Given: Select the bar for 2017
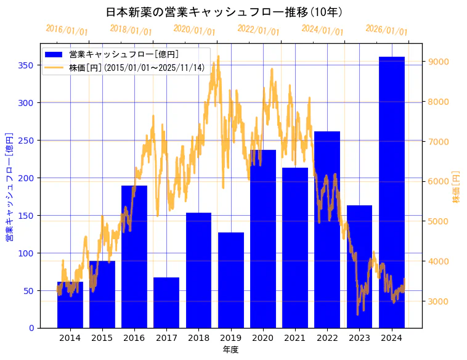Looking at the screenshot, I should click(166, 303).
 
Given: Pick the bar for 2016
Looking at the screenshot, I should click(134, 256).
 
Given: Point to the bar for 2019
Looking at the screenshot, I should click(231, 280).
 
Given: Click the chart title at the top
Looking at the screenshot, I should click(224, 12).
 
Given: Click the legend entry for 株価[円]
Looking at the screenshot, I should click(136, 68).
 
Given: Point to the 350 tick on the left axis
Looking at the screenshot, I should click(27, 65).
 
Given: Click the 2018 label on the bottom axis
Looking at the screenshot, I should click(198, 337).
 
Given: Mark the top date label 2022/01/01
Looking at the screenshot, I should click(258, 30).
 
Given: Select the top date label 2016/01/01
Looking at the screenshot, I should click(67, 30).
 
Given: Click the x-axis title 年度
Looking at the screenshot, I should click(230, 350).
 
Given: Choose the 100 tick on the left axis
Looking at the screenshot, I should click(27, 253).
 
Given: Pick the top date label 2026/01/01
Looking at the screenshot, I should click(386, 30).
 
